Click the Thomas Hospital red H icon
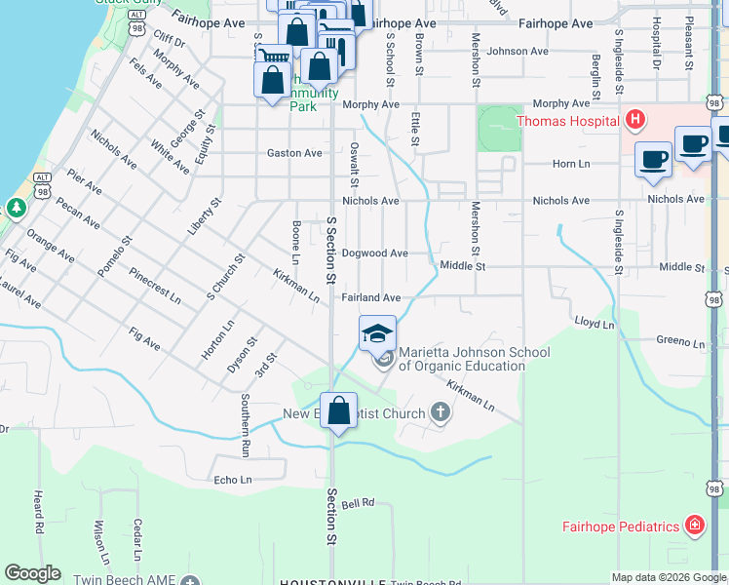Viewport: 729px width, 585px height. (635, 121)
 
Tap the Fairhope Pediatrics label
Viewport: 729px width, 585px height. (620, 526)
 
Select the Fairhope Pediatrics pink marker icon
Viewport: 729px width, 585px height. (694, 526)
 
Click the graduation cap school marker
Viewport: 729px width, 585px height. (377, 333)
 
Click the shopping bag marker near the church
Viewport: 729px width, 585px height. (338, 411)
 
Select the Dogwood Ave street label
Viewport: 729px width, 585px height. (374, 253)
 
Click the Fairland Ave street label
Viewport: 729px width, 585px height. (370, 297)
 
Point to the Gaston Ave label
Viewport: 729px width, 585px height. (294, 153)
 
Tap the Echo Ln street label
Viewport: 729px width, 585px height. (233, 480)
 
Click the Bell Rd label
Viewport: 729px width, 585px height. (358, 504)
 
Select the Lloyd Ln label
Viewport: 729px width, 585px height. (593, 321)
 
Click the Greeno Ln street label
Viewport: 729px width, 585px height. (679, 342)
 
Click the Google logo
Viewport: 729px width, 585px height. (33, 572)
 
